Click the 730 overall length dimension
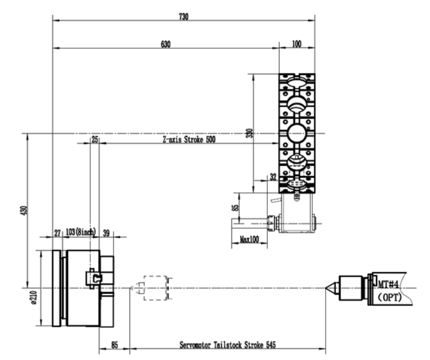point(184,17)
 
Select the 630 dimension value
point(166,44)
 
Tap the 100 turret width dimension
point(297,44)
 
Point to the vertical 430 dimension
point(25,210)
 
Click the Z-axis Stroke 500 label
point(189,139)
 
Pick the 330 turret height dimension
point(250,133)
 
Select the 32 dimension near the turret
point(273,177)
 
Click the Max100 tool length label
point(249,240)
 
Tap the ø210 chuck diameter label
point(34,298)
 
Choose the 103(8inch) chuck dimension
point(81,232)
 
